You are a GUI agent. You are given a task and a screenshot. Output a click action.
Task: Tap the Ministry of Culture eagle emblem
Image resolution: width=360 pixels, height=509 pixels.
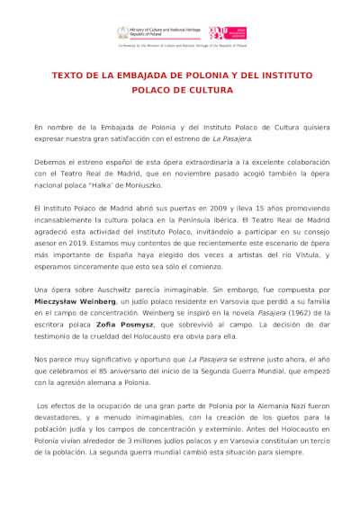pos(123,32)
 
